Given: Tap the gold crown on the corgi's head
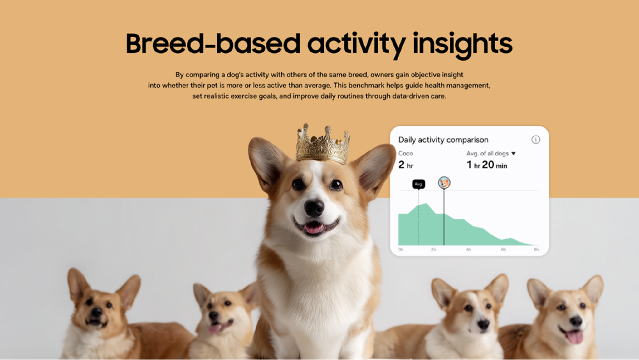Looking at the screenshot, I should tap(323, 145).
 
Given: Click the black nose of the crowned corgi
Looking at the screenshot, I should tap(314, 208).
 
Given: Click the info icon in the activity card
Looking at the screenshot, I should tap(536, 140).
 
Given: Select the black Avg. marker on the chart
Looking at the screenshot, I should tap(418, 184).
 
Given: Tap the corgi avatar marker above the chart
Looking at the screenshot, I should tap(444, 183).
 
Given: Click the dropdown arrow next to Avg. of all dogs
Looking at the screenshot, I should tap(514, 153).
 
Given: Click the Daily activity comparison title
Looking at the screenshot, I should tap(443, 140).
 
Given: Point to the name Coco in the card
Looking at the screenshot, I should tap(405, 153).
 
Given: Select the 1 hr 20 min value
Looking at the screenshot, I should tap(486, 165).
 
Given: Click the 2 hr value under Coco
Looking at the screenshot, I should tap(405, 165).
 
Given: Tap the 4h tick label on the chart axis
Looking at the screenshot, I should tap(468, 249).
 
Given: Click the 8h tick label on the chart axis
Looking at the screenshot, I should tap(536, 249).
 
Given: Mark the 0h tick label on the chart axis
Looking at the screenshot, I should tap(401, 249).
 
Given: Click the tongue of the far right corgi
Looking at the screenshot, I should tap(574, 337).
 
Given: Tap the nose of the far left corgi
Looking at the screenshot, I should tap(96, 312).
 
